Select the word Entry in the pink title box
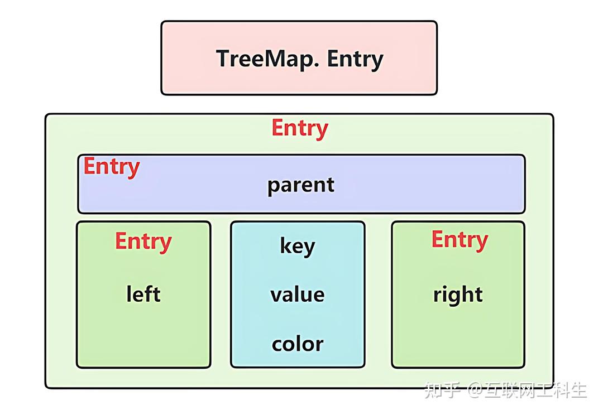(x=355, y=60)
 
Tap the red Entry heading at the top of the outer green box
(x=300, y=129)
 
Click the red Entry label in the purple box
(x=112, y=167)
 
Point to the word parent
(x=301, y=186)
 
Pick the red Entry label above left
(x=143, y=242)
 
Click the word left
(x=143, y=294)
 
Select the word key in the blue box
(x=297, y=247)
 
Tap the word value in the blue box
(x=297, y=295)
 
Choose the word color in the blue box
(x=297, y=344)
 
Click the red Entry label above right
(x=460, y=240)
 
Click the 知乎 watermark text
(x=442, y=390)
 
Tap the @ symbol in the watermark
(x=475, y=390)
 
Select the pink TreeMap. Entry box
(x=299, y=58)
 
